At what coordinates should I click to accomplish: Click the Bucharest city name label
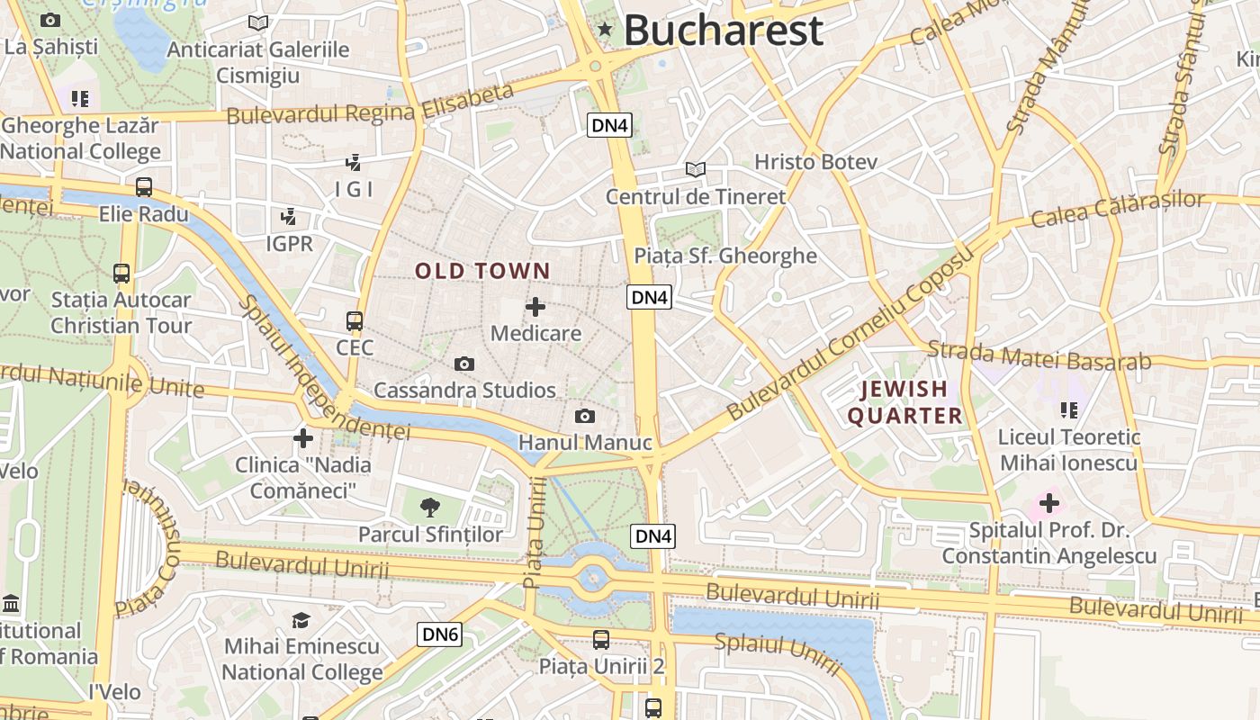point(723,30)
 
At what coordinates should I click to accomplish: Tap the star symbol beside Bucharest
point(605,31)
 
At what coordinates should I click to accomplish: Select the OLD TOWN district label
point(482,271)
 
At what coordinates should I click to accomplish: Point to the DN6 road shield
point(441,634)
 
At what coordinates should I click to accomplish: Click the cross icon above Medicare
point(535,307)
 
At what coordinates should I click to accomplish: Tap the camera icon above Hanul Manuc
point(585,416)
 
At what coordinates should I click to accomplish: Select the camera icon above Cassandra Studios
point(464,364)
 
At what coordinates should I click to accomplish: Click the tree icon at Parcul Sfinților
point(430,507)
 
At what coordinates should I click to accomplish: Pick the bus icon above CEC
point(355,320)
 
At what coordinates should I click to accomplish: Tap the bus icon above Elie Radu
point(144,187)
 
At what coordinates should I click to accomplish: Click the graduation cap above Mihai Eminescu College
point(301,620)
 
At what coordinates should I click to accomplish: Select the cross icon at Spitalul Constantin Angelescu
point(1048,503)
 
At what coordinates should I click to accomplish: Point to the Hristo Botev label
point(814,162)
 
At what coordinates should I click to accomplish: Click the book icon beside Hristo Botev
point(695,168)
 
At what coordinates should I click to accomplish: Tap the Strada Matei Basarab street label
point(1039,355)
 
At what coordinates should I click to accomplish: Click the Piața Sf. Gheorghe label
point(725,256)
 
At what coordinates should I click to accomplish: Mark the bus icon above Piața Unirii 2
point(601,640)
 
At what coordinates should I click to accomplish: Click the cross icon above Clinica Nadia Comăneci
point(303,438)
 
